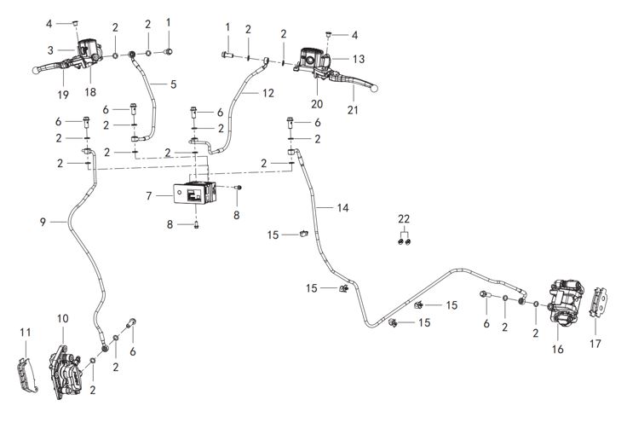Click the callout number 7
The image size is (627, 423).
(150, 196)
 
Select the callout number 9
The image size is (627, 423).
(42, 223)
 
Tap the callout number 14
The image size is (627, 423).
(342, 208)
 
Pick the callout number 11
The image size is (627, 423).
(25, 332)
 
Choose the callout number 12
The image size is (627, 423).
(269, 92)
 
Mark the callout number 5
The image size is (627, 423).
(174, 84)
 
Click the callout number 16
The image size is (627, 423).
(559, 349)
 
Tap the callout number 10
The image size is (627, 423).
(62, 319)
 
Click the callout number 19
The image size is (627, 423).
(62, 94)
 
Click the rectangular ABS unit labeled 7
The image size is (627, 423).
(193, 195)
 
